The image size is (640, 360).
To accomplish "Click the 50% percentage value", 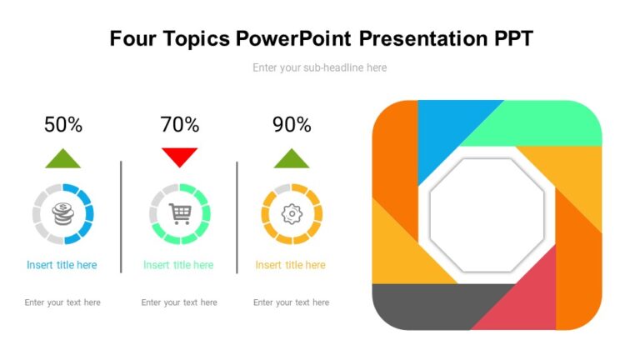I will click(x=63, y=125).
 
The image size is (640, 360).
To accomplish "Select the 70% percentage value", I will click(x=180, y=125).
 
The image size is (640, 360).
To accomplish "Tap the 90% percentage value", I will click(x=292, y=125).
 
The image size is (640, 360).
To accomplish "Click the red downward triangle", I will click(x=180, y=156).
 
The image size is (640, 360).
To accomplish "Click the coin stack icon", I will click(x=62, y=214).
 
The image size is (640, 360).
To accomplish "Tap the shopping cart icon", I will click(x=180, y=214).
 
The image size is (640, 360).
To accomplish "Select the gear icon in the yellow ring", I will click(x=292, y=214).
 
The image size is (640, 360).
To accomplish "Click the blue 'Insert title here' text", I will click(x=62, y=265).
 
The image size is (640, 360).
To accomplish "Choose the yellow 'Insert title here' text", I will click(x=290, y=265).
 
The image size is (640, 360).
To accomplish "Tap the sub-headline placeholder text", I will click(x=320, y=67).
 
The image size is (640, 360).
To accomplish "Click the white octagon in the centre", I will click(x=487, y=214).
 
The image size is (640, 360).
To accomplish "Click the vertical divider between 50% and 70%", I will click(x=122, y=217).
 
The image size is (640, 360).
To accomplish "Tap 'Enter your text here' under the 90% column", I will click(x=291, y=302).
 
